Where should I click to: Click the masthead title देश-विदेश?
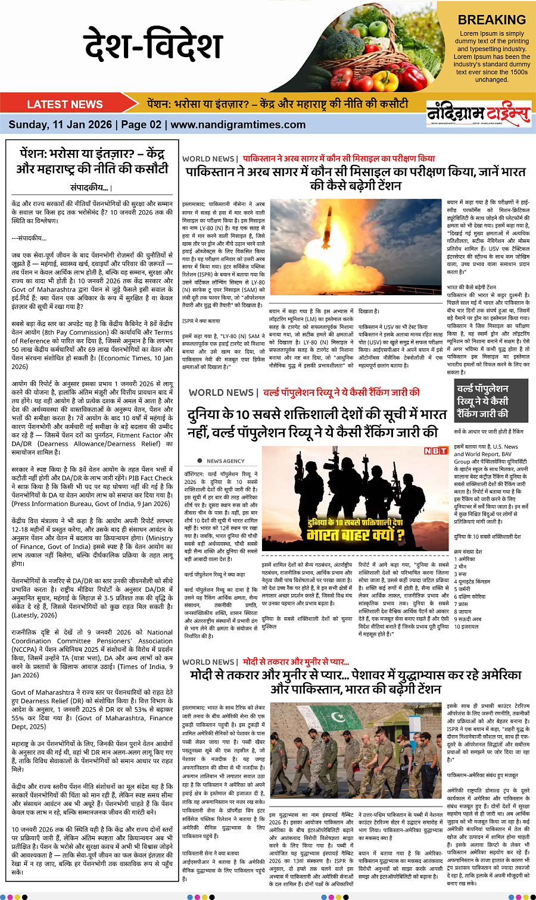click(153, 45)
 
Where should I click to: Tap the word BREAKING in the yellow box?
click(491, 20)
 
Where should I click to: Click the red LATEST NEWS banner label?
click(65, 104)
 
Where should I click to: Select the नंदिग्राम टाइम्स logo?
click(478, 113)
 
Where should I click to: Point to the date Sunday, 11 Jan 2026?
click(60, 124)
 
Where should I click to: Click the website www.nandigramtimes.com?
click(238, 124)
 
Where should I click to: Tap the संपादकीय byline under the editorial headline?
click(91, 187)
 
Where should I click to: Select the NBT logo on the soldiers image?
click(435, 451)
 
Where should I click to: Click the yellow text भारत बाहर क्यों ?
click(356, 534)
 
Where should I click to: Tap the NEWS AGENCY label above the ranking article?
click(225, 461)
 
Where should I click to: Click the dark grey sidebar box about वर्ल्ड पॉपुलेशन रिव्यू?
click(491, 401)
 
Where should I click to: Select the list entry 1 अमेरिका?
click(465, 559)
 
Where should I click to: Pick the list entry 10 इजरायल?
click(466, 627)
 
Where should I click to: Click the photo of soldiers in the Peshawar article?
click(356, 752)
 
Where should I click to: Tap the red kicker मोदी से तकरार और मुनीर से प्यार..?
click(296, 661)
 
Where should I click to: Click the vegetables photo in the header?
click(381, 45)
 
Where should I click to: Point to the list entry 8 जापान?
click(463, 611)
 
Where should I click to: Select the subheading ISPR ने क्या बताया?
click(201, 321)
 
